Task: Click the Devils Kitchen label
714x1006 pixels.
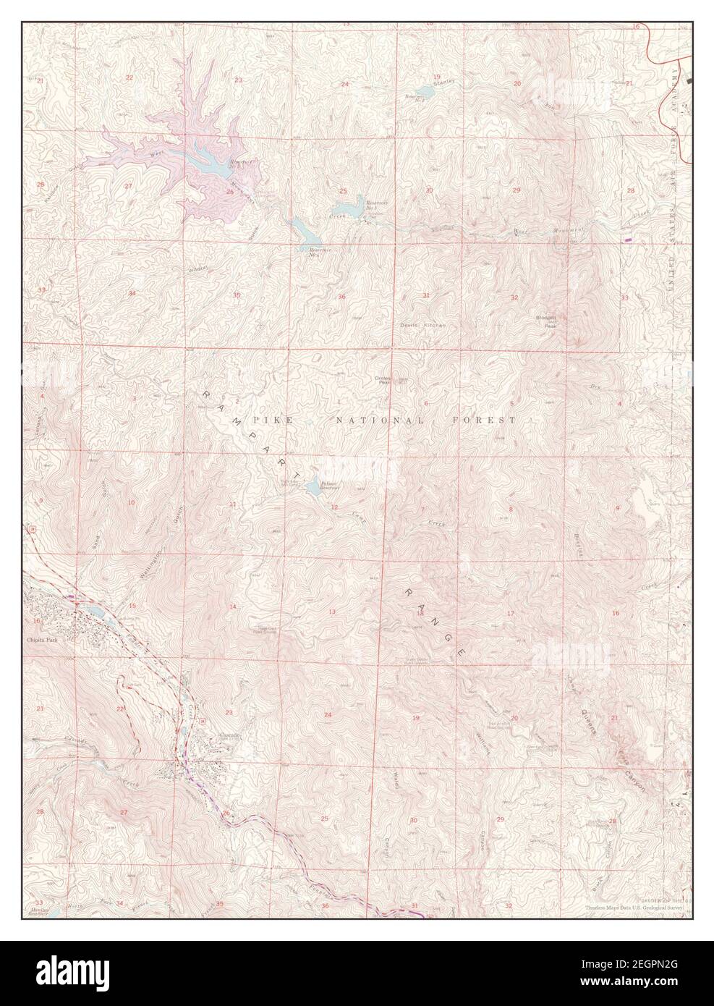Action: tap(423, 326)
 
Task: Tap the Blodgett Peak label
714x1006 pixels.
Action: tap(546, 321)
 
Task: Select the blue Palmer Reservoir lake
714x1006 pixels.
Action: tap(311, 489)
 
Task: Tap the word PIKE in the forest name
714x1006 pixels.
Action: tap(265, 420)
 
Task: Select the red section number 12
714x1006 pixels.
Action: tap(334, 507)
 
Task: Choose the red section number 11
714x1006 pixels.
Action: tap(232, 504)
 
